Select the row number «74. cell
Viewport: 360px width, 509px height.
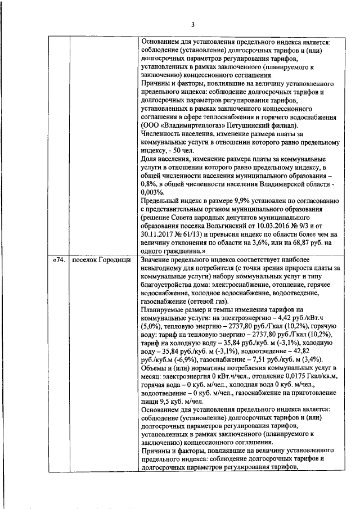point(58,260)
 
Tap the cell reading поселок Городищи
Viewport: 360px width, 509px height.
point(101,260)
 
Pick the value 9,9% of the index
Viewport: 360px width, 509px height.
point(220,200)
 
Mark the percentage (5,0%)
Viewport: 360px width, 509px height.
point(151,326)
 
